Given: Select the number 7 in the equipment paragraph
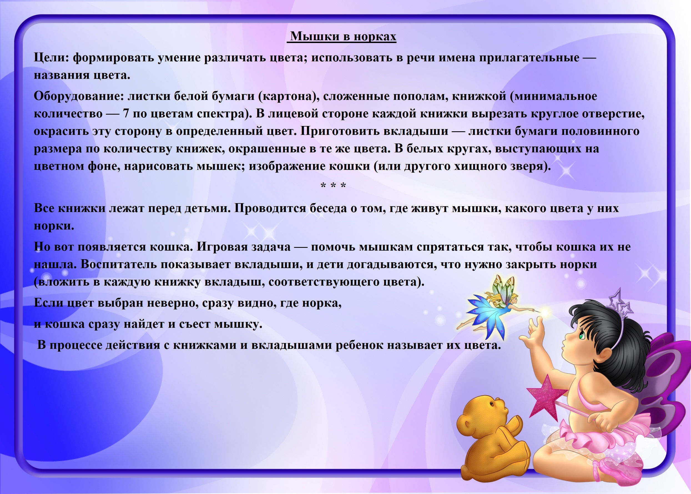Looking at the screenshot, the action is tap(126, 114).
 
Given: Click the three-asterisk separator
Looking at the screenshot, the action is tap(333, 185).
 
